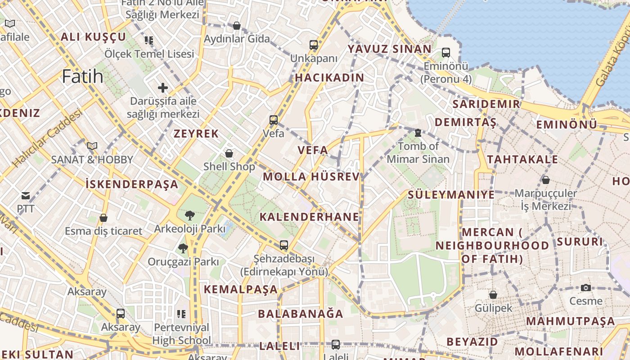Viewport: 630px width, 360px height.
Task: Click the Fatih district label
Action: (x=83, y=76)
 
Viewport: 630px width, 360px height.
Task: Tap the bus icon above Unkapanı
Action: (x=314, y=45)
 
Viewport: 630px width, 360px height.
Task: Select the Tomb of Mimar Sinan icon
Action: (x=418, y=133)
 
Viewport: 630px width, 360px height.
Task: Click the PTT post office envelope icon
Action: (x=26, y=196)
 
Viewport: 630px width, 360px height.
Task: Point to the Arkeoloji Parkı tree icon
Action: (x=189, y=216)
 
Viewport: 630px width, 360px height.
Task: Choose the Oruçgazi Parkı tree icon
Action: (x=183, y=248)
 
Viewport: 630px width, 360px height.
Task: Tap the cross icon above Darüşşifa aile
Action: (x=162, y=88)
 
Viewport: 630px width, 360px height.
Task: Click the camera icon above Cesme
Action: (x=585, y=288)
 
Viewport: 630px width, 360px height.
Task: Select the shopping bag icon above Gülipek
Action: (x=493, y=295)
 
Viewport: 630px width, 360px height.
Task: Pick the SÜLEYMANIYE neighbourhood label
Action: (x=451, y=195)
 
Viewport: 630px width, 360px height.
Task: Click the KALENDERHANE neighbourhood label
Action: (x=310, y=217)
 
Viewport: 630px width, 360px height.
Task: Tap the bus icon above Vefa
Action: (x=274, y=120)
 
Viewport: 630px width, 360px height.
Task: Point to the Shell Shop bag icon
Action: (x=229, y=153)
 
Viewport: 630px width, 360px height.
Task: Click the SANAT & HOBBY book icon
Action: (x=92, y=146)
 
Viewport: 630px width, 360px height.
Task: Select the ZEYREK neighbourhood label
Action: (x=196, y=134)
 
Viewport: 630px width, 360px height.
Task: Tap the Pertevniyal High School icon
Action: (x=181, y=314)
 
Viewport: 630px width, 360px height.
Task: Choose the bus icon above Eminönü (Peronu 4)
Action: (x=446, y=53)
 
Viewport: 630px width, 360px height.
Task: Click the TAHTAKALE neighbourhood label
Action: (x=522, y=159)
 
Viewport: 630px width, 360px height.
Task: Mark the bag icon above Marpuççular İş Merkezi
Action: (x=546, y=180)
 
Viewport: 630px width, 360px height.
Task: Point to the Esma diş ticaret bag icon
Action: (x=103, y=218)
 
